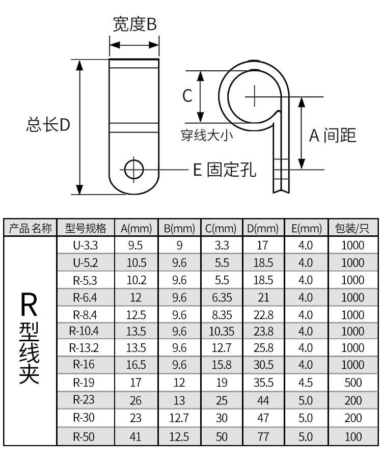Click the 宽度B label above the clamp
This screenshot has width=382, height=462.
(134, 24)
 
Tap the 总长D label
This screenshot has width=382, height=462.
(48, 125)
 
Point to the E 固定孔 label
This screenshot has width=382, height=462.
(224, 169)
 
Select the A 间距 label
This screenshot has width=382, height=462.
(333, 135)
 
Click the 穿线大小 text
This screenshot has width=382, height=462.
(207, 135)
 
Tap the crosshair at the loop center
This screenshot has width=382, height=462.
(255, 95)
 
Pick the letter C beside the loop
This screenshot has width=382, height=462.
(187, 95)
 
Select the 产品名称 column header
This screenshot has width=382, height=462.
(31, 228)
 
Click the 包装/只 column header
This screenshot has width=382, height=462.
(352, 228)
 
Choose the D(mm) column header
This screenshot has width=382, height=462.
(263, 228)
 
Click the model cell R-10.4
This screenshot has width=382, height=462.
(85, 331)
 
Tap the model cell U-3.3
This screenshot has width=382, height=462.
(85, 246)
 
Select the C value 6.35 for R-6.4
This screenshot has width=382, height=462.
(221, 297)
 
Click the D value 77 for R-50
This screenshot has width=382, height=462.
(263, 436)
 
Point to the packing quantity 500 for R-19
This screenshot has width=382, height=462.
(352, 384)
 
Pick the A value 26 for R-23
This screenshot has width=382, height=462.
(136, 401)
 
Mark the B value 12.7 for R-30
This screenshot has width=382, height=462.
(179, 419)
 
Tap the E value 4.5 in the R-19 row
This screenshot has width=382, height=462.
(306, 384)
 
